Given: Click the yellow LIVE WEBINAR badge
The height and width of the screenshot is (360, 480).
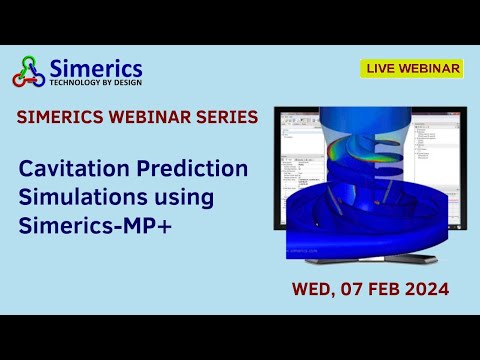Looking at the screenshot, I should [x=411, y=68].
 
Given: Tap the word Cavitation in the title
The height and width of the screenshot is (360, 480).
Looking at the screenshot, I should [x=66, y=168].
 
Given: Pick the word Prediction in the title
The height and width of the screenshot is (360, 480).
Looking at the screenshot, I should [x=184, y=168].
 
